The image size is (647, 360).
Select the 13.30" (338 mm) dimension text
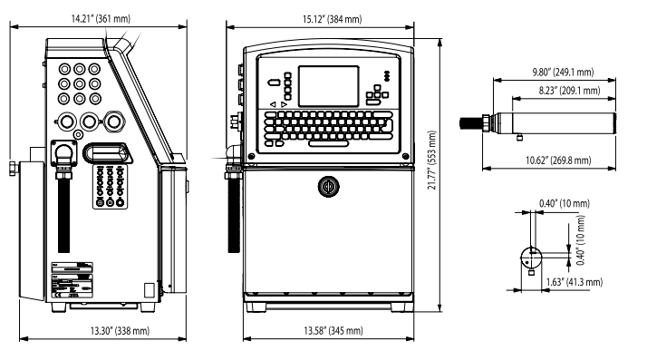click(118, 330)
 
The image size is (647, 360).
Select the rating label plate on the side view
click(72, 278)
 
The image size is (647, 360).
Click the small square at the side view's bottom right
click(151, 289)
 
